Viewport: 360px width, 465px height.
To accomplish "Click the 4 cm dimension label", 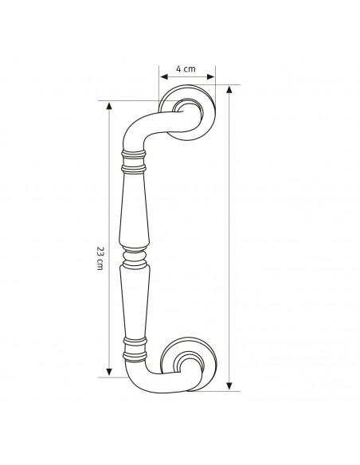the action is (186, 68).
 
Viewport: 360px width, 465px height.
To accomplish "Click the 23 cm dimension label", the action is (100, 258).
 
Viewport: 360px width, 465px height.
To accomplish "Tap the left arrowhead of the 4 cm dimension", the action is (164, 76).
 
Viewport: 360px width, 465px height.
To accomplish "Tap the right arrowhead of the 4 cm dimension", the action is (210, 76).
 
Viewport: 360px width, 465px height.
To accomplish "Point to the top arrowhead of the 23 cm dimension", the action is (109, 106).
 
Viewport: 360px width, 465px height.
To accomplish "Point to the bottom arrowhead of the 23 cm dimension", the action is (109, 372).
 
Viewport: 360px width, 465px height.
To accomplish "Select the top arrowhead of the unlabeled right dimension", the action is (229, 89).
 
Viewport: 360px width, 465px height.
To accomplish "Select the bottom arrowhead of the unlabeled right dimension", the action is (229, 386).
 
